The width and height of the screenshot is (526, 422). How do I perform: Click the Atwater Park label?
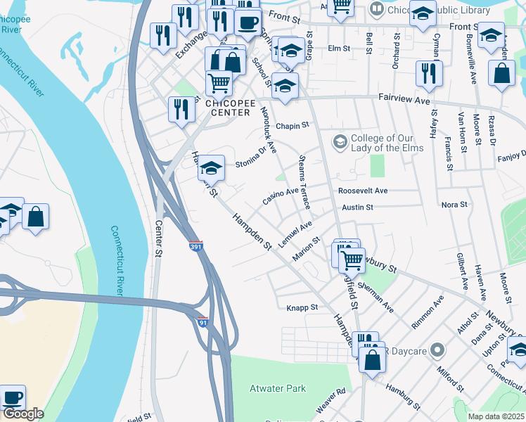coord(278,388)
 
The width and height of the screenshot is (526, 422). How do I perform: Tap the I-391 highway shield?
coord(197,248)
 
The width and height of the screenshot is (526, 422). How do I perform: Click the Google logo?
coord(23,414)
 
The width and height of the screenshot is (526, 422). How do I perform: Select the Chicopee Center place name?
coord(227,108)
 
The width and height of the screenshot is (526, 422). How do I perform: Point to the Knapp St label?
coord(302,307)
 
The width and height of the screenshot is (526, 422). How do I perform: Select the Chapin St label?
coord(293,126)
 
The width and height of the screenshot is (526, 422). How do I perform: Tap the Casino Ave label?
coord(281,196)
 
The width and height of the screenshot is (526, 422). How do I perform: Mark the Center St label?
coord(158,238)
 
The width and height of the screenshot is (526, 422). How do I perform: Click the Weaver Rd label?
coord(331,400)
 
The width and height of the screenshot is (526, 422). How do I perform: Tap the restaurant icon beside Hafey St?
coord(428,72)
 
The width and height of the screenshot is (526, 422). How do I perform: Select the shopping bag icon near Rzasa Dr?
coord(501,74)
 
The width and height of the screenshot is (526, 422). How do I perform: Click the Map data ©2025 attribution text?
coord(496,416)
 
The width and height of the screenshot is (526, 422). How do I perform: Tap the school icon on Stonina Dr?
coord(210,169)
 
